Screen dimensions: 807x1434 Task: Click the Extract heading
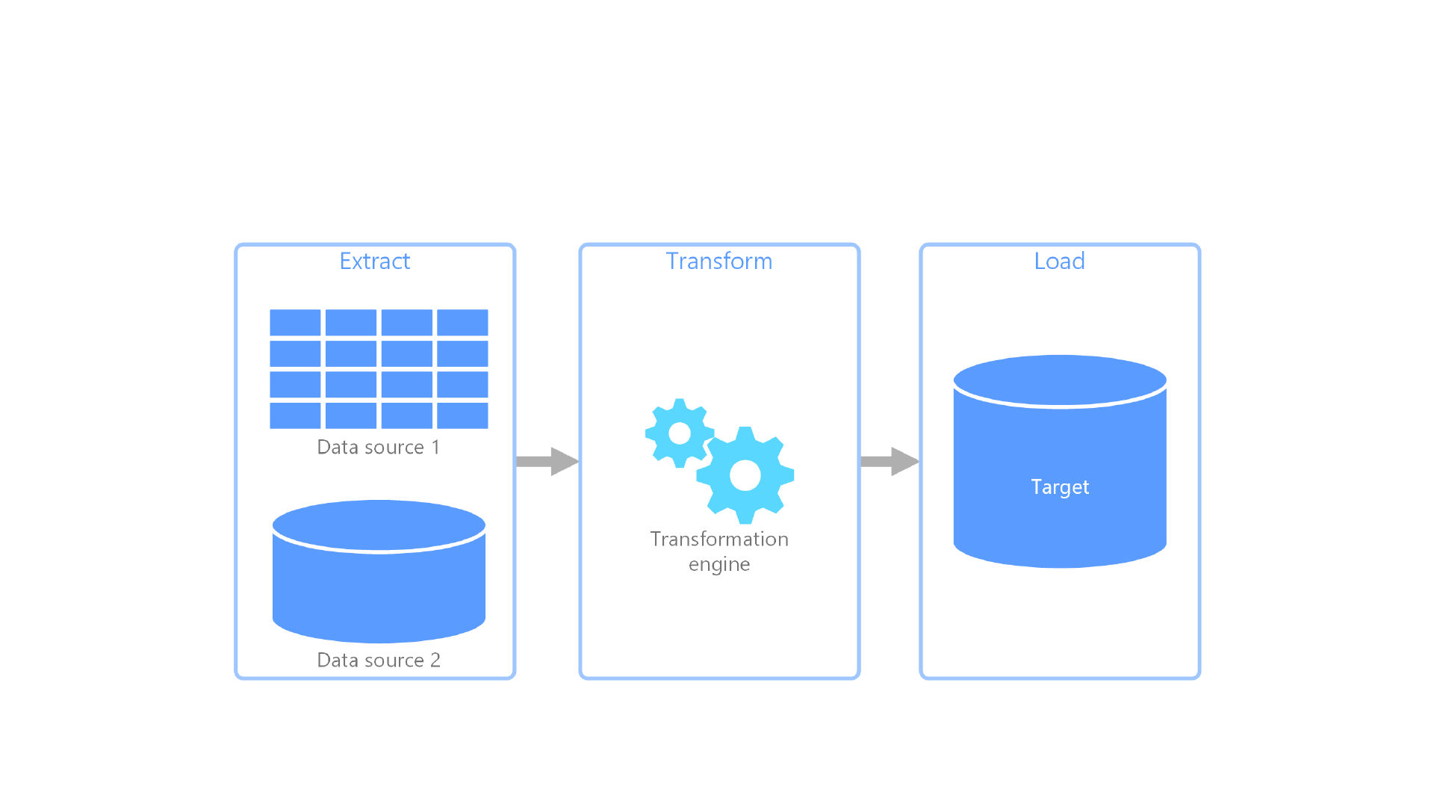click(x=374, y=261)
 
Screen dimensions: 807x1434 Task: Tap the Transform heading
click(x=718, y=261)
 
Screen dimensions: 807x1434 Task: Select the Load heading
click(x=1059, y=261)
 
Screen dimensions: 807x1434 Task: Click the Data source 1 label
click(x=378, y=447)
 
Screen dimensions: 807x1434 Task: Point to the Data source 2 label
click(x=378, y=660)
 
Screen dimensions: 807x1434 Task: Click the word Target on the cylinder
click(x=1059, y=486)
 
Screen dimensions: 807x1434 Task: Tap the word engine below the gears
click(x=718, y=564)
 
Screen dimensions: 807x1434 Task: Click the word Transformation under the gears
click(x=718, y=539)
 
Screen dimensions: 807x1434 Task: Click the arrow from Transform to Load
click(x=889, y=461)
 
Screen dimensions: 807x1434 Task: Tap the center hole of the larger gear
click(x=745, y=475)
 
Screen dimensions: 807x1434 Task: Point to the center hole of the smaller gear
click(x=679, y=433)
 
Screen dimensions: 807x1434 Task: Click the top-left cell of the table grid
click(x=295, y=322)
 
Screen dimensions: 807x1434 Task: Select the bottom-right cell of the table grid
click(x=462, y=415)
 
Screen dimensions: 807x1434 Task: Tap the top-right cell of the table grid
click(x=462, y=322)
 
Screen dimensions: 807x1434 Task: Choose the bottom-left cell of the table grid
click(x=295, y=415)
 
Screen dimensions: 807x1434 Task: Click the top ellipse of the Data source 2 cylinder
click(x=379, y=525)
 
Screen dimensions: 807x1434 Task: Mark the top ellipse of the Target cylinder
click(x=1059, y=380)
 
